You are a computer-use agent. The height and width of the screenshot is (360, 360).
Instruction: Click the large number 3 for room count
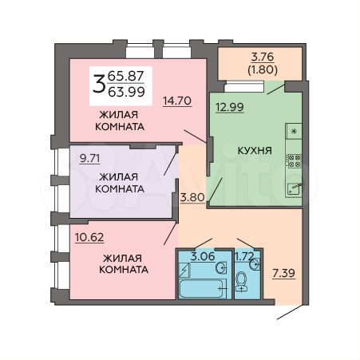[99, 83]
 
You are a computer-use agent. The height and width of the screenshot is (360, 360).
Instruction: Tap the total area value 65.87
[125, 75]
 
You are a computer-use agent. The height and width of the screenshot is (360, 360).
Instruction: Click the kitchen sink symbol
[294, 189]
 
